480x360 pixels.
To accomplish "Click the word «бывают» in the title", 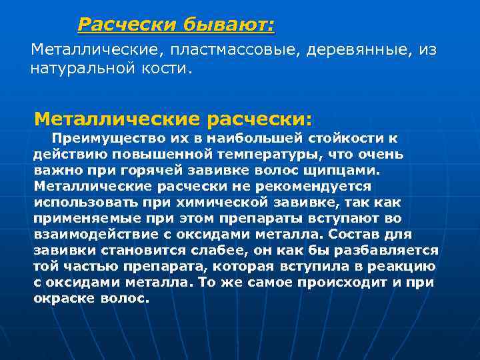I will tap(229, 25).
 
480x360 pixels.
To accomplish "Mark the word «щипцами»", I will tap(346, 170).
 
